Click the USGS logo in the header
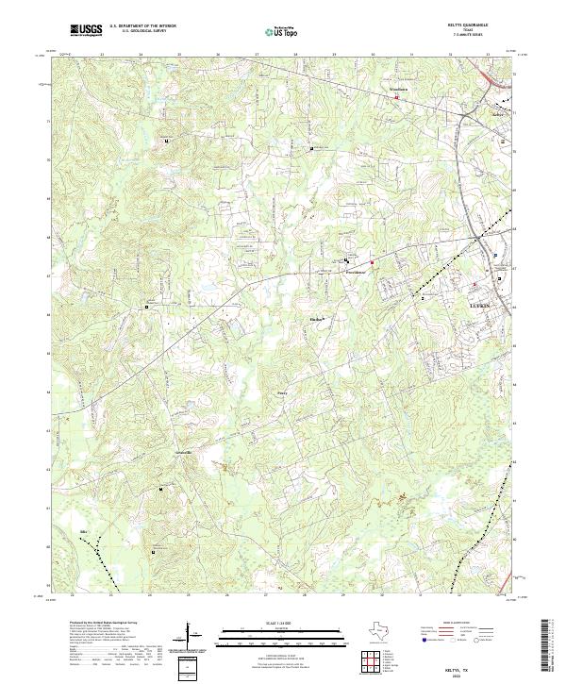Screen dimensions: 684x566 pyautogui.click(x=88, y=31)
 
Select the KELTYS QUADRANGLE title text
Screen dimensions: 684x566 pyautogui.click(x=481, y=25)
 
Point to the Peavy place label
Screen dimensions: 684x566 pyautogui.click(x=281, y=385)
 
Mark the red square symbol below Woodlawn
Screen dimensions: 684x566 pyautogui.click(x=396, y=97)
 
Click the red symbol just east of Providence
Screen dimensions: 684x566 pyautogui.click(x=372, y=262)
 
